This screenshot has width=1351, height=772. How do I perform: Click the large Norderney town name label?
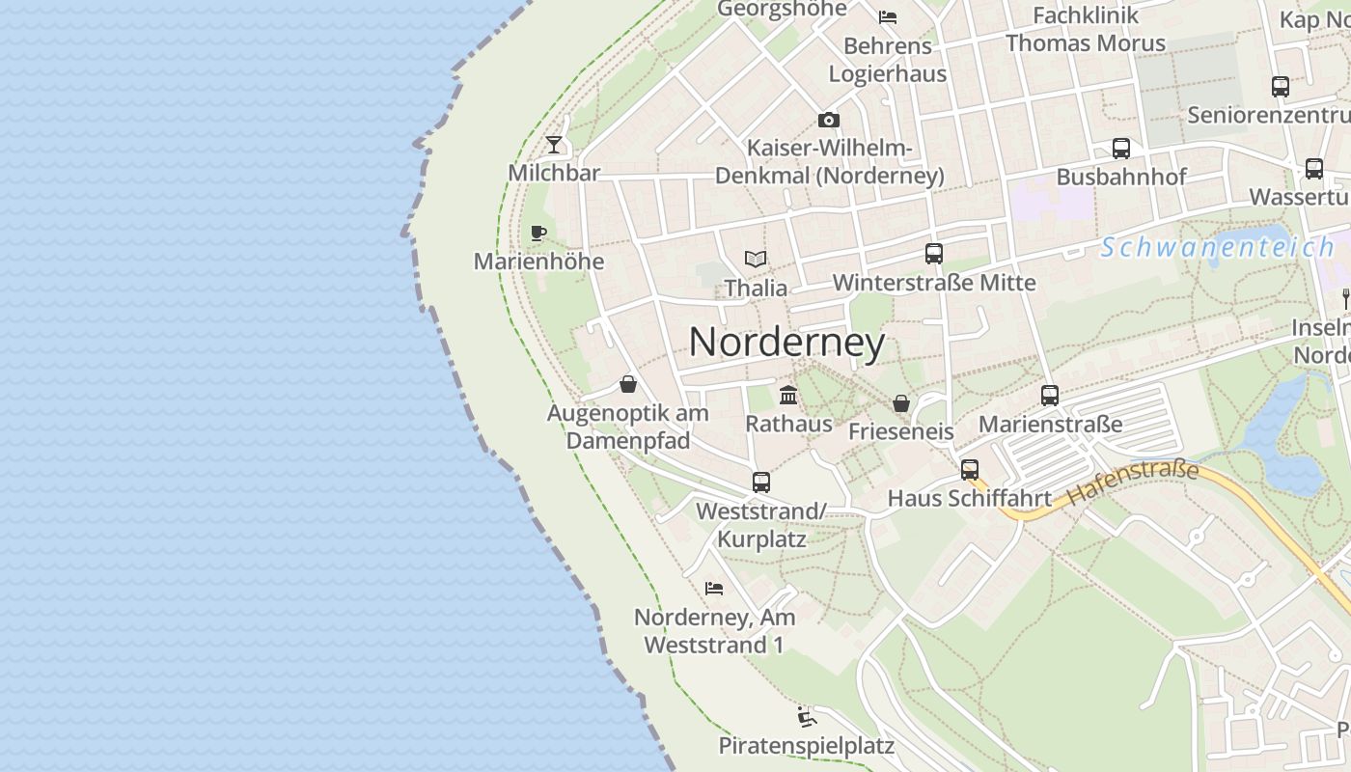click(x=786, y=343)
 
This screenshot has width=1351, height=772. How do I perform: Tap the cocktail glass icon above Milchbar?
click(x=553, y=145)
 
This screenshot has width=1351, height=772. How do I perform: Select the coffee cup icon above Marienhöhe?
click(x=538, y=233)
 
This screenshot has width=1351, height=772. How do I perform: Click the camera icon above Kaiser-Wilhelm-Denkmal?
click(x=828, y=121)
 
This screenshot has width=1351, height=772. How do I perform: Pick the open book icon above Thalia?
click(x=756, y=259)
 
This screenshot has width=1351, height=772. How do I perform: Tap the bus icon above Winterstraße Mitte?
click(x=933, y=254)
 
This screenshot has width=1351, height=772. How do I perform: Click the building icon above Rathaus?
click(x=788, y=395)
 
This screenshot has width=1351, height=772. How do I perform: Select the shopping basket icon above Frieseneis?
click(x=900, y=402)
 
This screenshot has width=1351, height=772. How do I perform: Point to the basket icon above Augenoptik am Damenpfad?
click(x=628, y=384)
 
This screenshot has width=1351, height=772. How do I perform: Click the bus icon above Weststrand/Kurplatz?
click(x=760, y=482)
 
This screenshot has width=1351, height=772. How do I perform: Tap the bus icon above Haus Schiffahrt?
click(x=970, y=470)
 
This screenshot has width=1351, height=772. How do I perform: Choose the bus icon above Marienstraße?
click(x=1050, y=395)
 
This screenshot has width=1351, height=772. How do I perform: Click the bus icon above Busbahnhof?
click(x=1120, y=149)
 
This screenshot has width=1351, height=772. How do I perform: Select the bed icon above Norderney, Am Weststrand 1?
click(x=714, y=588)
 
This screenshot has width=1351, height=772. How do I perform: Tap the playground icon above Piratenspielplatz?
click(x=807, y=717)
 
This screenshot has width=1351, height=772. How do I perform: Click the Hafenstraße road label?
click(x=1133, y=484)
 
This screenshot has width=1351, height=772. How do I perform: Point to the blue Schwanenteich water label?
click(x=1218, y=247)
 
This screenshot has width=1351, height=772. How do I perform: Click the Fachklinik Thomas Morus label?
click(x=1086, y=29)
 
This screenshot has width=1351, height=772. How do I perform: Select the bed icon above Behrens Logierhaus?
click(x=887, y=16)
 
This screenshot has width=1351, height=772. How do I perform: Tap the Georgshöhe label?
click(x=782, y=9)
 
